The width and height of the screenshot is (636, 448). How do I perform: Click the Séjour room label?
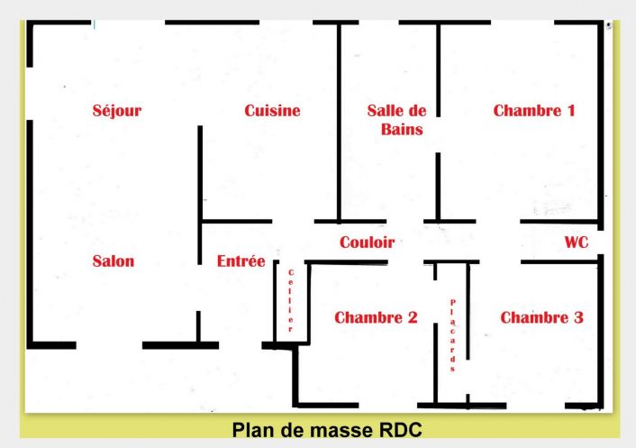(x=117, y=111)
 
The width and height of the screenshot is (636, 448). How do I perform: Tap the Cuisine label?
(x=272, y=111)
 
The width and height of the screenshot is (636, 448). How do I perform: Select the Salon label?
(x=114, y=261)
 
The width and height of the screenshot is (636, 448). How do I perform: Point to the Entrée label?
(x=241, y=261)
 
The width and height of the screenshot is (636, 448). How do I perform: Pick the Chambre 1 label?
(x=534, y=111)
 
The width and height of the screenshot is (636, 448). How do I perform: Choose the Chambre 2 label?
(x=376, y=317)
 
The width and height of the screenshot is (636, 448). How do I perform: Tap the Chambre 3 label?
(x=541, y=317)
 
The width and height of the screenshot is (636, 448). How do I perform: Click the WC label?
(x=577, y=242)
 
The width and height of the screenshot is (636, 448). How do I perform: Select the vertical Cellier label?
(x=291, y=300)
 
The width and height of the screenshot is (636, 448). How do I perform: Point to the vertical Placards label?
(x=452, y=335)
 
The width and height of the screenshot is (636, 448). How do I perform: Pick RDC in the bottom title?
(x=400, y=429)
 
